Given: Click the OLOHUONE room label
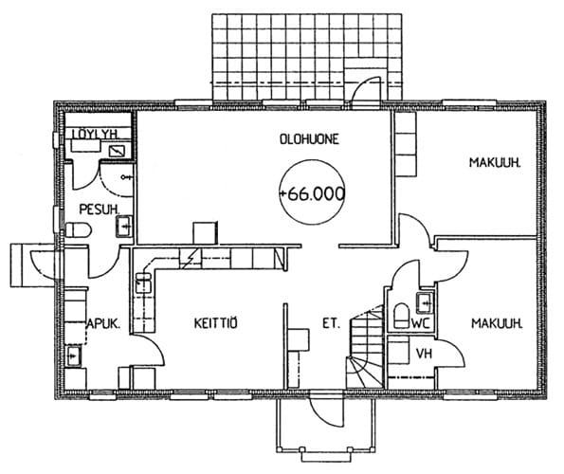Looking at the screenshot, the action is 309,139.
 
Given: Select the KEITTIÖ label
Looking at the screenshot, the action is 216,323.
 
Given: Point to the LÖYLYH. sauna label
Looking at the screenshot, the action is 96,134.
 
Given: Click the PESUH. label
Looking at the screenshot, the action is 100,210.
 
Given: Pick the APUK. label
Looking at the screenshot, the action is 103,324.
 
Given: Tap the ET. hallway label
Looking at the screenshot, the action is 331,323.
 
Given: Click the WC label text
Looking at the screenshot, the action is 421,323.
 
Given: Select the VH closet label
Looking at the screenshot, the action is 424,354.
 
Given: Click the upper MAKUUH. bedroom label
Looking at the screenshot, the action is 495,162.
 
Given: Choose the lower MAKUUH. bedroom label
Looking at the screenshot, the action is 497,323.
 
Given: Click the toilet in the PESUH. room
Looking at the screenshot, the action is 79,229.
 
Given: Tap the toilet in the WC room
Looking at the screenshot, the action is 402,316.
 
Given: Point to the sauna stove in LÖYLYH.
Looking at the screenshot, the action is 117,151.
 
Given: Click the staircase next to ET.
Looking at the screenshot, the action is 366,347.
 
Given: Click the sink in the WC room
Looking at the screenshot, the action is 425,302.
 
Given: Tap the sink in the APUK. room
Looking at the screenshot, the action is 74,355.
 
